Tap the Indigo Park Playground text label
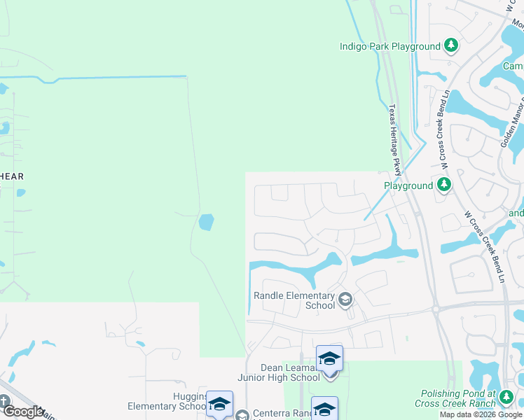click(390, 47)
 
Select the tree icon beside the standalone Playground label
click(443, 185)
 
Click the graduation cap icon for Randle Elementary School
click(345, 300)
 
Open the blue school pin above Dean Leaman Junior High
click(329, 359)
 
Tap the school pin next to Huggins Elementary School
click(219, 405)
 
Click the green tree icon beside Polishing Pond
click(506, 399)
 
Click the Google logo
click(23, 412)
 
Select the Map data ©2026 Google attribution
click(480, 414)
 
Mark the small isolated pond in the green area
click(206, 223)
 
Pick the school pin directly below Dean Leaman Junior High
click(324, 408)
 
